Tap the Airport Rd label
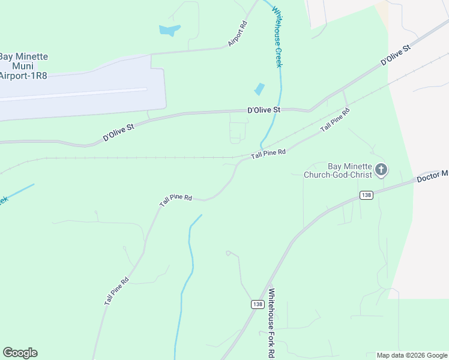[238, 34]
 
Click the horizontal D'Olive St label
[264, 110]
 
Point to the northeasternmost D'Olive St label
[395, 55]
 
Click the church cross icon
[381, 170]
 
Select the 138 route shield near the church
[367, 195]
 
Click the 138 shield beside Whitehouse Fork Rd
[258, 304]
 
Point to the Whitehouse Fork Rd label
[272, 323]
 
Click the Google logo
[20, 353]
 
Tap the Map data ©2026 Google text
[411, 355]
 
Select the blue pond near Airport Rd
[169, 29]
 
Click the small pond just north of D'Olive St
[259, 89]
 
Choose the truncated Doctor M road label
[432, 175]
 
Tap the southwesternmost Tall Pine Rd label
[116, 292]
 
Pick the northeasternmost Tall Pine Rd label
[334, 120]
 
